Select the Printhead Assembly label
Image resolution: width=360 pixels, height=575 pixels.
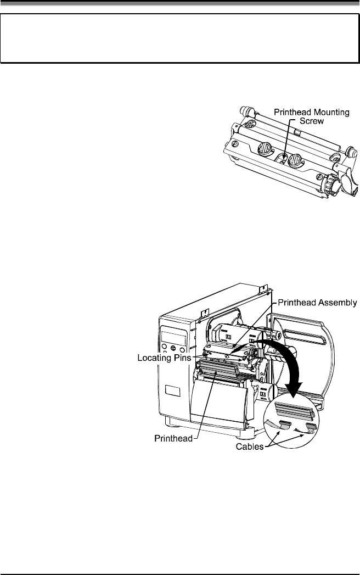pos(318,302)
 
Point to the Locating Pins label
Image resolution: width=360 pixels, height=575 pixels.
pos(164,358)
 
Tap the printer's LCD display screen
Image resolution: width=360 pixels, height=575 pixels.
pos(174,336)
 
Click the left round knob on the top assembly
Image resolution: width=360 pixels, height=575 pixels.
pos(263,149)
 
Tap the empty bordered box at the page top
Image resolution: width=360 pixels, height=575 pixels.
pos(179,38)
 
